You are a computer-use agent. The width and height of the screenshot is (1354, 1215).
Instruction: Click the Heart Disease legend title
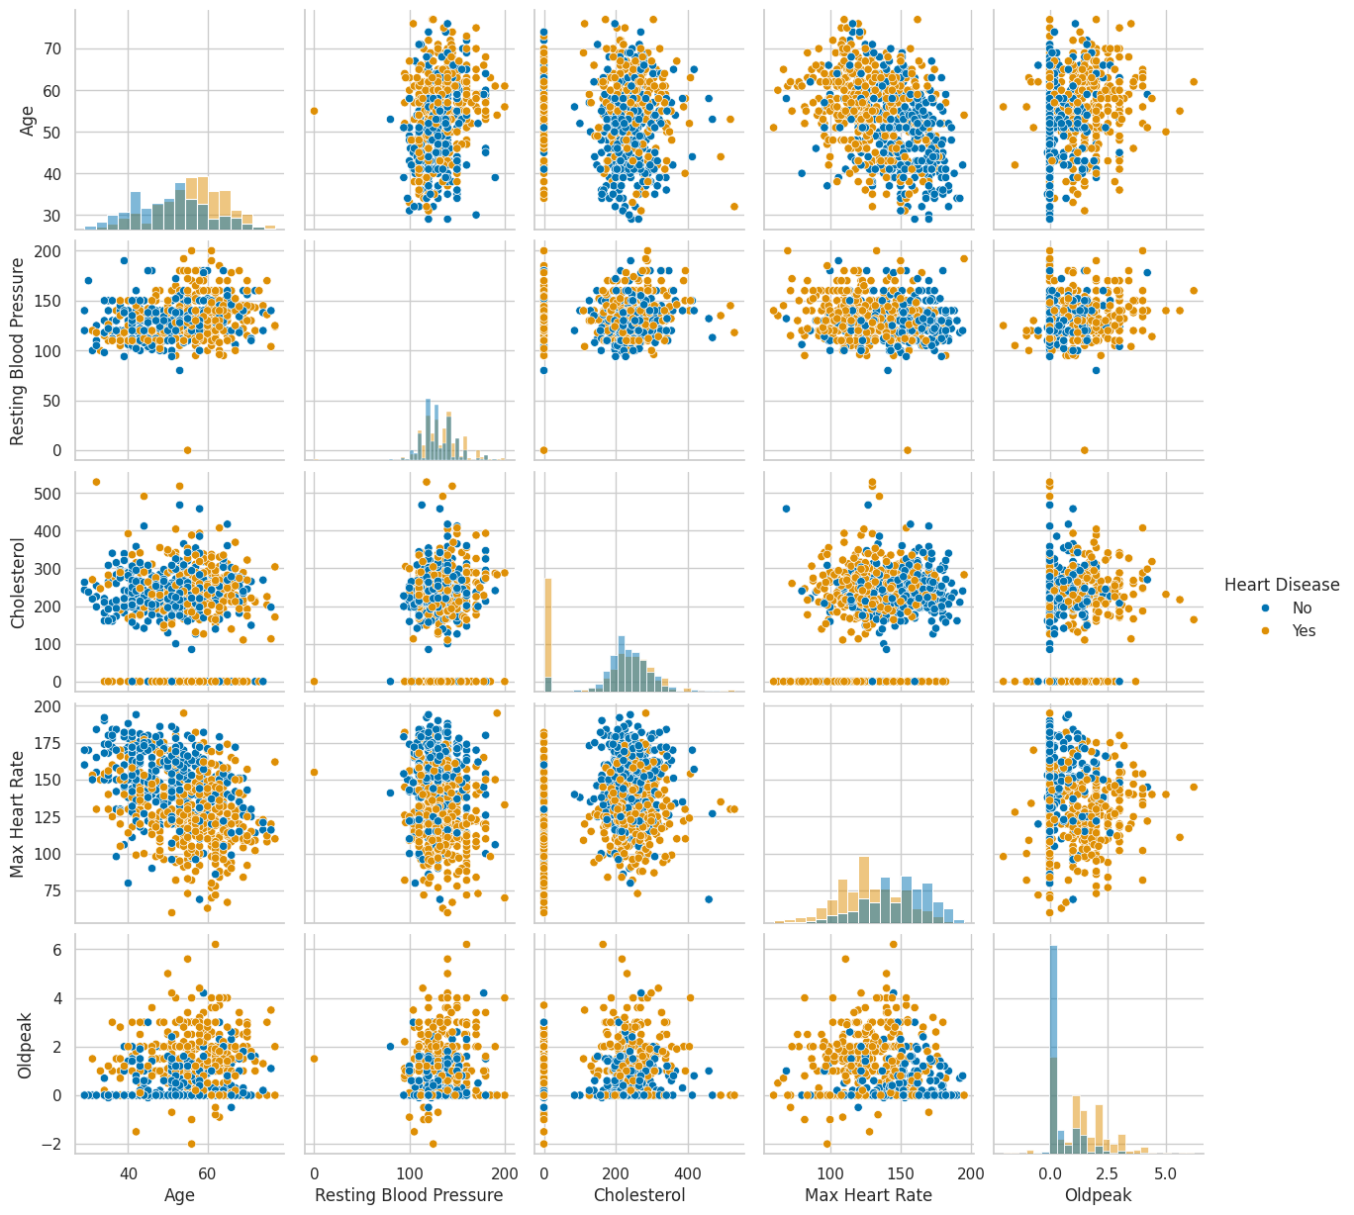(x=1282, y=585)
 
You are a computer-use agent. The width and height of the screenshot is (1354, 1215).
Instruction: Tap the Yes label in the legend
(x=1305, y=631)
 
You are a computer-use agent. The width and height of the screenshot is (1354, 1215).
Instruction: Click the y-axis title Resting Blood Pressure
(x=18, y=351)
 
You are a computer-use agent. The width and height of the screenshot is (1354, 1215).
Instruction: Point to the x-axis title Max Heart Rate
(x=868, y=1195)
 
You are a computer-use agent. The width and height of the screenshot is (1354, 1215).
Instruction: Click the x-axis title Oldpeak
(x=1098, y=1195)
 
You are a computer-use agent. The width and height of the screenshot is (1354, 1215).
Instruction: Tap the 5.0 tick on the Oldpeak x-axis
(x=1166, y=1173)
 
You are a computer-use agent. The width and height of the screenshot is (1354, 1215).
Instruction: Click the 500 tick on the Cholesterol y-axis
(x=49, y=494)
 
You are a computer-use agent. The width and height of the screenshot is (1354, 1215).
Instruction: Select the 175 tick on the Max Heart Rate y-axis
(x=49, y=744)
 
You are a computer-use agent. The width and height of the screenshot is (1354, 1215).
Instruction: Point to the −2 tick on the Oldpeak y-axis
(x=54, y=1144)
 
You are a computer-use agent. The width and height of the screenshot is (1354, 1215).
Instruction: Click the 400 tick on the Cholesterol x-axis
(x=688, y=1173)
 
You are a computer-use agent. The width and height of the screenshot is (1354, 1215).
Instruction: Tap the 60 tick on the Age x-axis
(x=207, y=1173)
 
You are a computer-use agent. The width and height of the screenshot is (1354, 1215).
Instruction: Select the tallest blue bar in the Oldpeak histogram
(x=1053, y=1049)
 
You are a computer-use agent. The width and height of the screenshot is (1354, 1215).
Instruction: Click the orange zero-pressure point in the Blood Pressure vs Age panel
(x=187, y=450)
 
